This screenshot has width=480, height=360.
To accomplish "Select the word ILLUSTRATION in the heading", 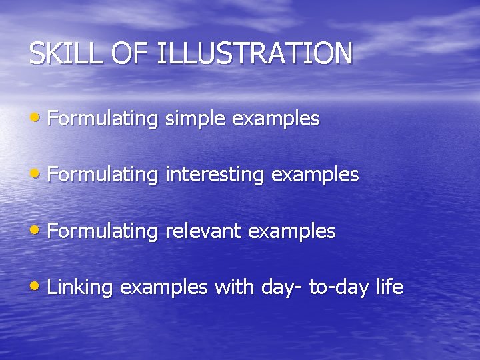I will [254, 54].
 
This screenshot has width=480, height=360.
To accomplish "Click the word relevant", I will [203, 231].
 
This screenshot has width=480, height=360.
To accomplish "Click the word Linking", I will [81, 288].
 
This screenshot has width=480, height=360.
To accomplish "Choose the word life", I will [389, 287].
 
